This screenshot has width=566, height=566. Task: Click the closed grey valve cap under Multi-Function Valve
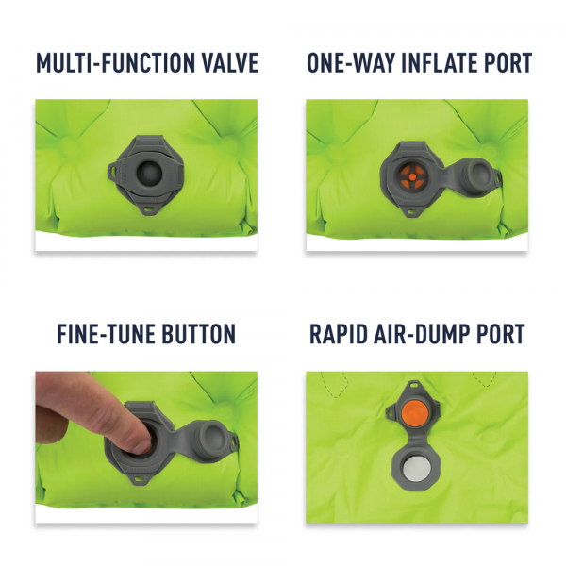pos(147,172)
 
